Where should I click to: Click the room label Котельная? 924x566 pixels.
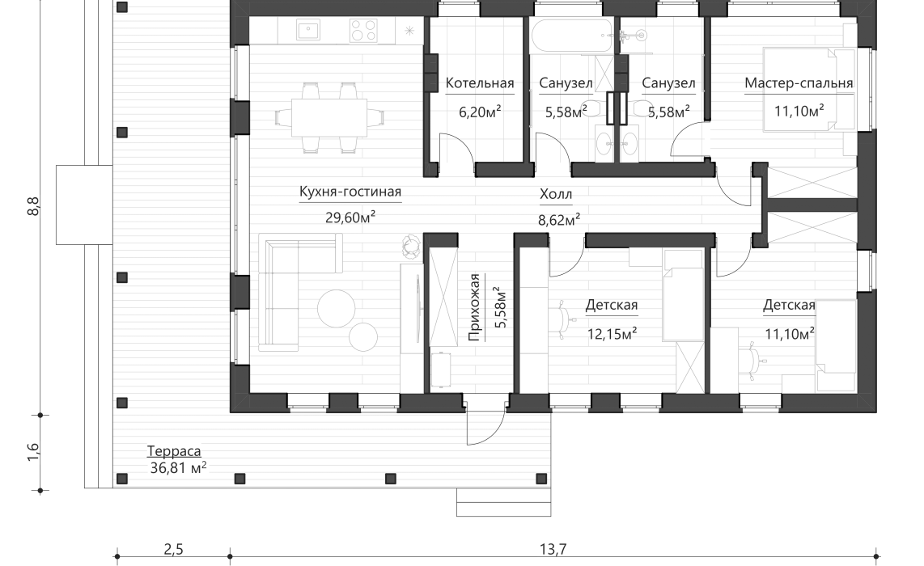[480, 83]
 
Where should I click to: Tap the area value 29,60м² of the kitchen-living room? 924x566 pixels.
[350, 217]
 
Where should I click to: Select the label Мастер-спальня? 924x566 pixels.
[799, 83]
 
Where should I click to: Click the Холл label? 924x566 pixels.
[556, 195]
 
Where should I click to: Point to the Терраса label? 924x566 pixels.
[173, 451]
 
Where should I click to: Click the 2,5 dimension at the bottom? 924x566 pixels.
[173, 550]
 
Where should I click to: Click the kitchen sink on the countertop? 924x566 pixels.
[307, 31]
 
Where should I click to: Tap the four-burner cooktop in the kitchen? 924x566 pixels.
[362, 31]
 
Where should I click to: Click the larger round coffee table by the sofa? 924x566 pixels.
[335, 307]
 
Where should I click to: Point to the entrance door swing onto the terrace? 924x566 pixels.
[485, 428]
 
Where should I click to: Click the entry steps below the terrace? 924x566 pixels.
[504, 501]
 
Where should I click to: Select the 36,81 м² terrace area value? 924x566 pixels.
[178, 467]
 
